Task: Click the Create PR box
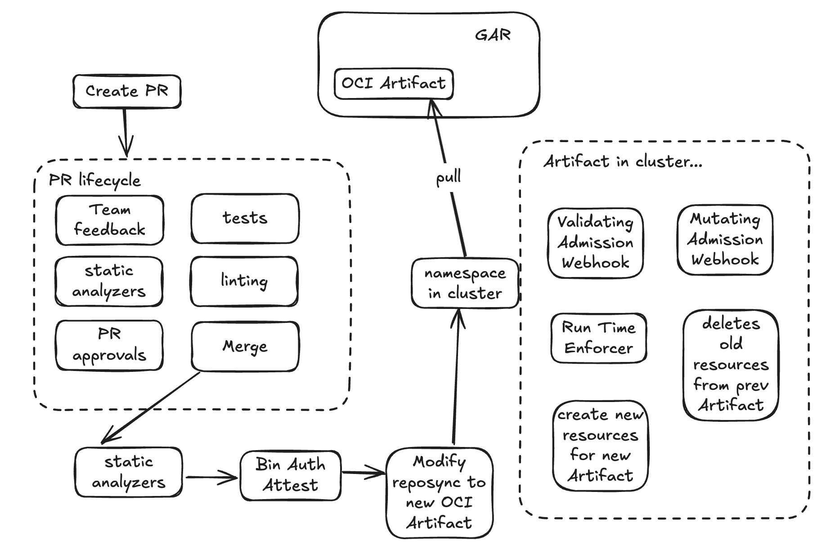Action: tap(127, 92)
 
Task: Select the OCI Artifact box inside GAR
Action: tap(394, 84)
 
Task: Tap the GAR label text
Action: tap(493, 35)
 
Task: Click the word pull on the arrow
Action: tap(448, 177)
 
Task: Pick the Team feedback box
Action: tap(109, 220)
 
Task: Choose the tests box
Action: tap(245, 219)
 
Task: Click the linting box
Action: tap(244, 281)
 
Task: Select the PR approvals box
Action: tap(109, 345)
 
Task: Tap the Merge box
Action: tap(245, 346)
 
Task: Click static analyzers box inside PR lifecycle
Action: tap(109, 282)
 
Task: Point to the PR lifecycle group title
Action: tap(94, 181)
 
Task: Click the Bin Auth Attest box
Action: tap(291, 475)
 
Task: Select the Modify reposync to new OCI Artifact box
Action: tap(440, 492)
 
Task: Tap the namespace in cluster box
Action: tap(465, 283)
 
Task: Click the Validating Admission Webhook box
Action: tap(595, 243)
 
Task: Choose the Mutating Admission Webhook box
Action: tap(725, 240)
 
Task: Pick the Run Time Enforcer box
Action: tap(598, 338)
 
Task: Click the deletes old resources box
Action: tap(731, 365)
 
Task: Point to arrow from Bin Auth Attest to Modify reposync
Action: tap(363, 473)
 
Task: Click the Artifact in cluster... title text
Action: tap(623, 161)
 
